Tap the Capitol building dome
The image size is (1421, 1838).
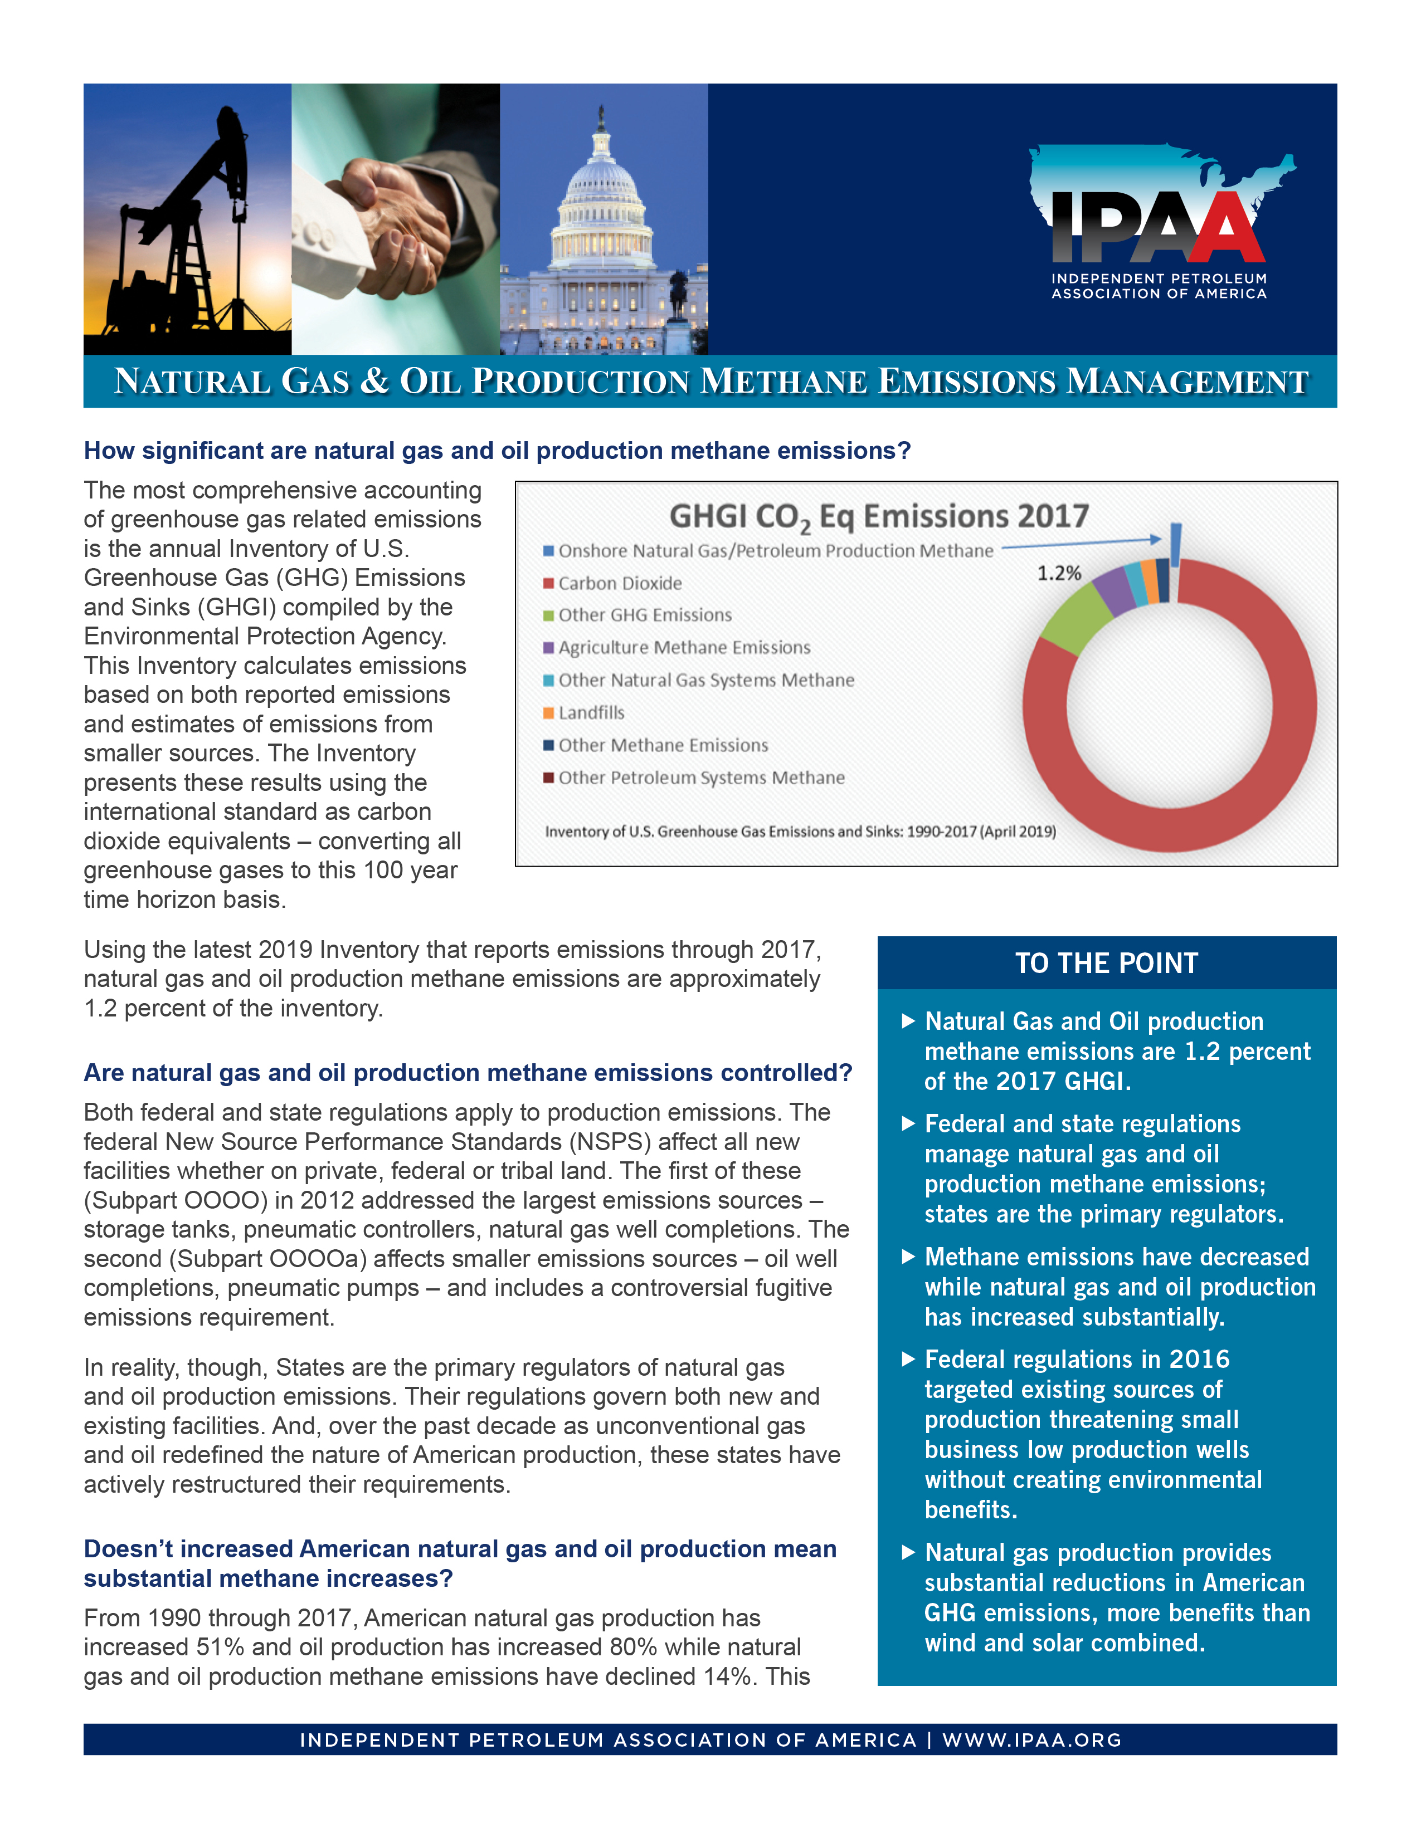point(601,173)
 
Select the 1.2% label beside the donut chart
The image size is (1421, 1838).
point(1058,573)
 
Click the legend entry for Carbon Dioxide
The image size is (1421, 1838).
point(620,583)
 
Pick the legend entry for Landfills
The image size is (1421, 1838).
point(591,713)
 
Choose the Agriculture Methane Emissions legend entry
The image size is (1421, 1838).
point(684,648)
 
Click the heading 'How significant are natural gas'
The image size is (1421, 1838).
point(497,451)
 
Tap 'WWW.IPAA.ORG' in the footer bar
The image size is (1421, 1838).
point(1031,1739)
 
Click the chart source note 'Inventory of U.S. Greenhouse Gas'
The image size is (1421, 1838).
point(800,832)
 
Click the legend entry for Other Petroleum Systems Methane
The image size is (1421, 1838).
point(700,778)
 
